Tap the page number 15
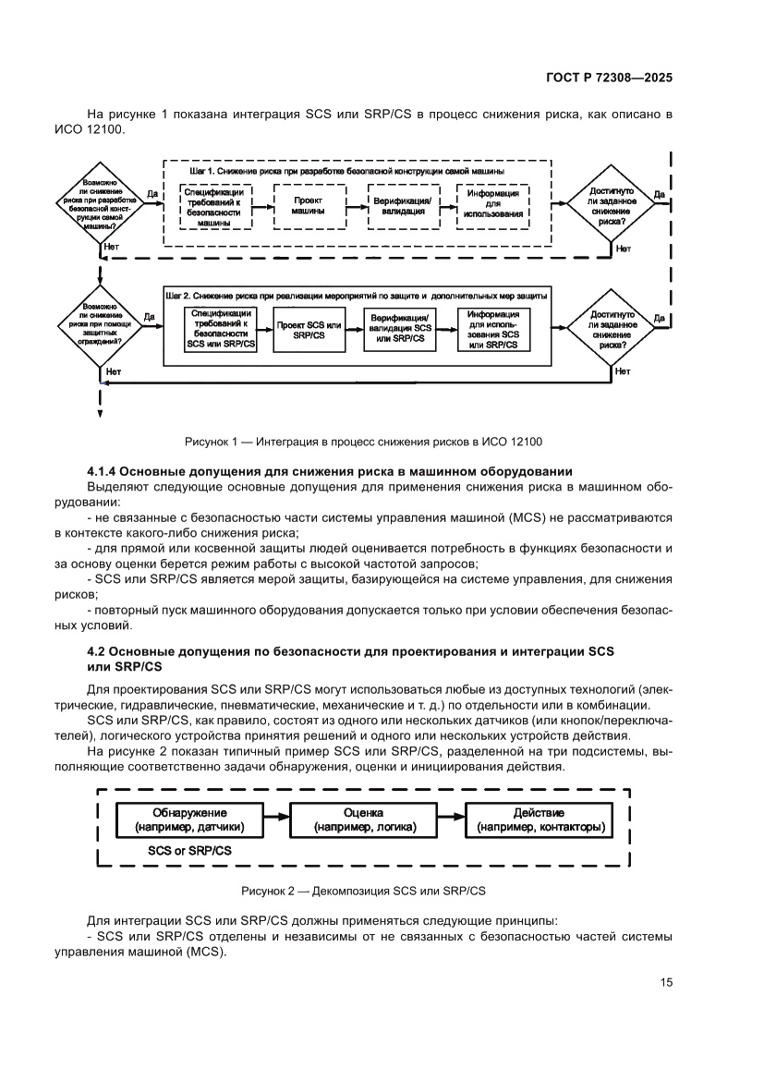(x=666, y=982)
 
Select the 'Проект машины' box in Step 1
(x=308, y=205)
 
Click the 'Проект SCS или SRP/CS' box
(x=309, y=331)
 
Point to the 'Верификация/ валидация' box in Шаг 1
(x=400, y=205)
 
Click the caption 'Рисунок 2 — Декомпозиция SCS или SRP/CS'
(x=363, y=892)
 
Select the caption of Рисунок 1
(x=363, y=441)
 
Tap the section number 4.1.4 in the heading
(x=102, y=473)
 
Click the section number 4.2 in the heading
(x=96, y=652)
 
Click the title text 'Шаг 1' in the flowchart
(x=204, y=173)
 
